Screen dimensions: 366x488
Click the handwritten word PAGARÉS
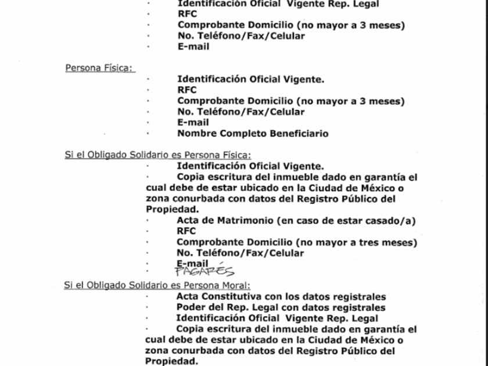pyautogui.click(x=204, y=271)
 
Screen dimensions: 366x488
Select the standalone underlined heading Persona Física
pyautogui.click(x=99, y=68)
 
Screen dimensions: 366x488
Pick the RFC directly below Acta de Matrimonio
pyautogui.click(x=186, y=231)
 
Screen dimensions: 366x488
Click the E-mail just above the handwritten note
pyautogui.click(x=192, y=263)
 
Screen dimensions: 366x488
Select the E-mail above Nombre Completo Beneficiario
pyautogui.click(x=193, y=123)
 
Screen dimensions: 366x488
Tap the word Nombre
pyautogui.click(x=195, y=134)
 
